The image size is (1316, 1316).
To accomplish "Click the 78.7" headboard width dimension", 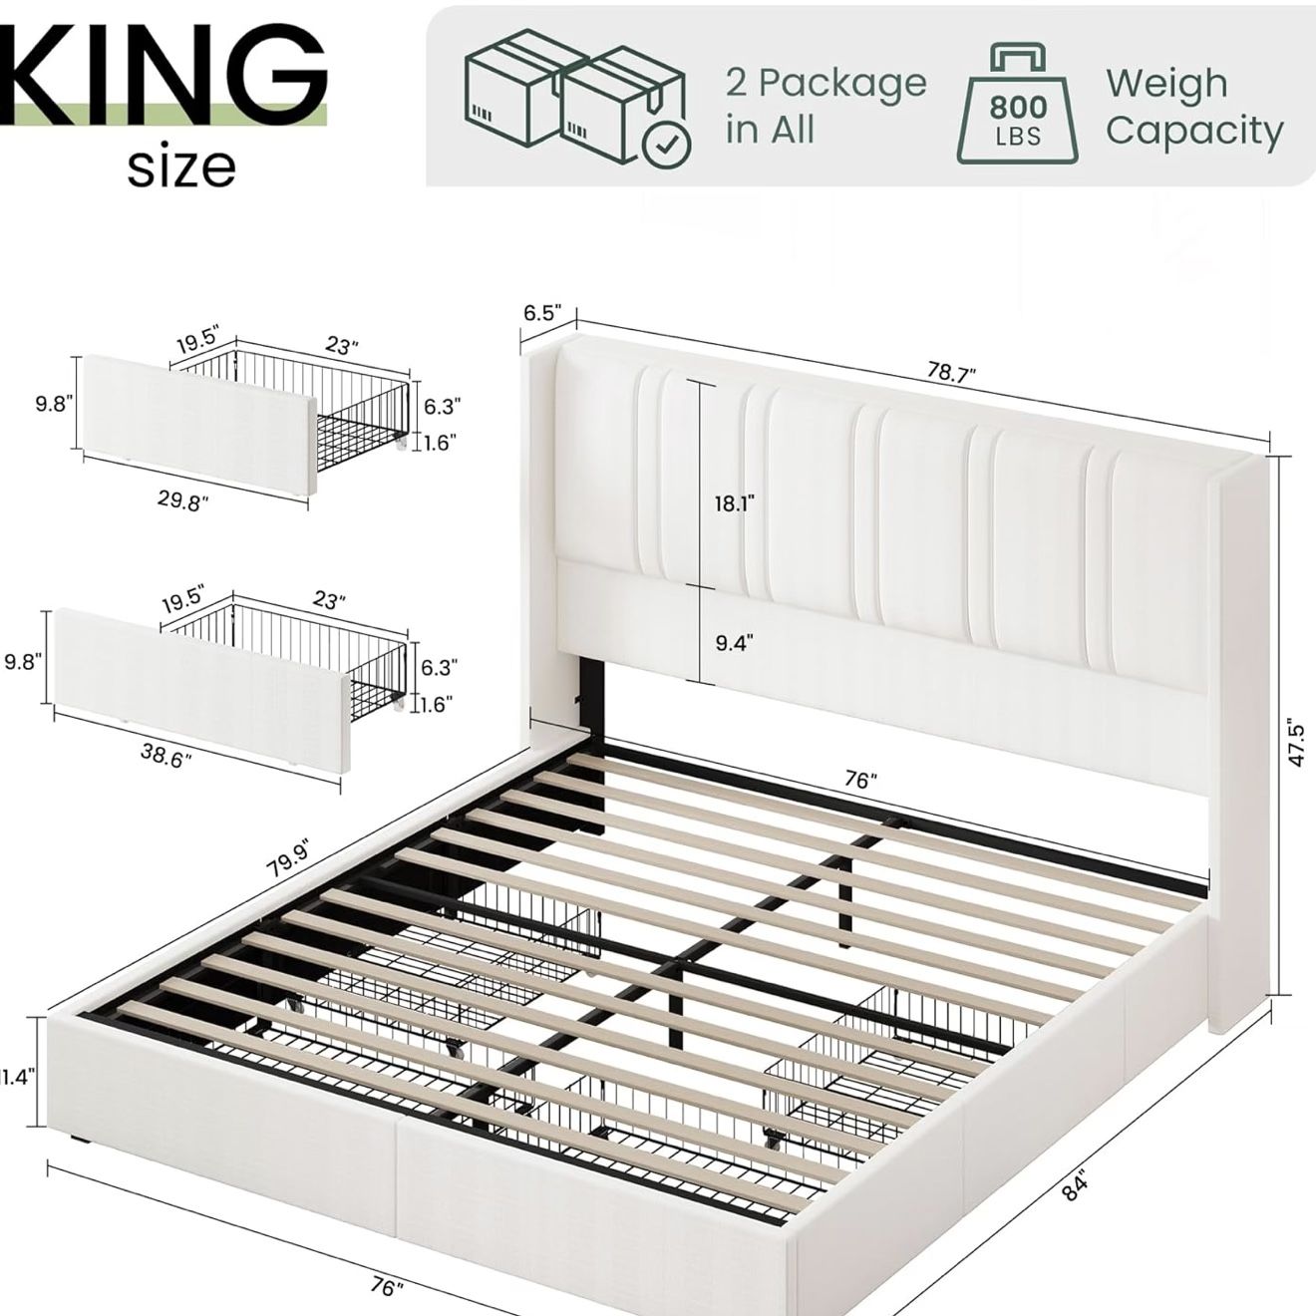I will [x=951, y=373].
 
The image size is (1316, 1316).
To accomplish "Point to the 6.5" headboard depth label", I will [x=543, y=313].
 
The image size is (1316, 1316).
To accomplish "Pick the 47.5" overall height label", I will [x=1294, y=742].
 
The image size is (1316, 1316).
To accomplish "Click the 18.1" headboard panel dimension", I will [x=734, y=503].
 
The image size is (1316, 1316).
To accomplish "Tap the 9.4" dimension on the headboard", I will [x=734, y=643].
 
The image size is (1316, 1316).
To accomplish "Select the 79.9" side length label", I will [x=289, y=857].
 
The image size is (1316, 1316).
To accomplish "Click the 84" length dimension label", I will [x=1075, y=1186].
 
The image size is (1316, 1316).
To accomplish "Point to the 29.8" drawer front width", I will [x=182, y=500].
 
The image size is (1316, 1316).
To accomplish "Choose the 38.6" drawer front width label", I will [x=165, y=757].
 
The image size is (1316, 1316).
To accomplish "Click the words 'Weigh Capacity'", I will [x=1193, y=107].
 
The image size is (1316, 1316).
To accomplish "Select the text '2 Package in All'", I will [x=824, y=107].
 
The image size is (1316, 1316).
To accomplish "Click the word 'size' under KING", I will [x=180, y=166].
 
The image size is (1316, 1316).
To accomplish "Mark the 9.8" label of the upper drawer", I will [x=55, y=404].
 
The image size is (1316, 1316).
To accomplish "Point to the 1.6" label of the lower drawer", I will [x=434, y=705].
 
